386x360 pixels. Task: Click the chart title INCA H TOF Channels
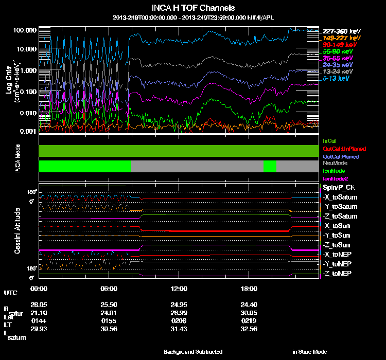[x=194, y=8]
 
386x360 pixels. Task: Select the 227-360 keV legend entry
[x=340, y=31]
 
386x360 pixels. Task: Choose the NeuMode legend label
[x=335, y=163]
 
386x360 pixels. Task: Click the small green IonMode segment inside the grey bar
[x=270, y=166]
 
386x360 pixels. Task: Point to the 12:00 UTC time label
[x=178, y=289]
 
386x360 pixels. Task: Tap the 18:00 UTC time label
[x=249, y=289]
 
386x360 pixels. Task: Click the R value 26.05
[x=39, y=304]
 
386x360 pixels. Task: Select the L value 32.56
[x=249, y=329]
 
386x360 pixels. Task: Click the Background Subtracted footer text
[x=193, y=352]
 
